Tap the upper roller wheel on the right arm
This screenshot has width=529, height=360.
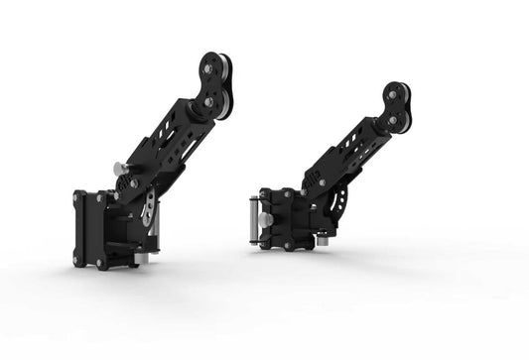(396, 95)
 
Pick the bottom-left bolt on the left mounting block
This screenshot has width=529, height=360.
(76, 261)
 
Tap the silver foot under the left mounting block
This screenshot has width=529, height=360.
(141, 258)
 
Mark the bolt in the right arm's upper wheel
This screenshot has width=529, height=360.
(394, 95)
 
